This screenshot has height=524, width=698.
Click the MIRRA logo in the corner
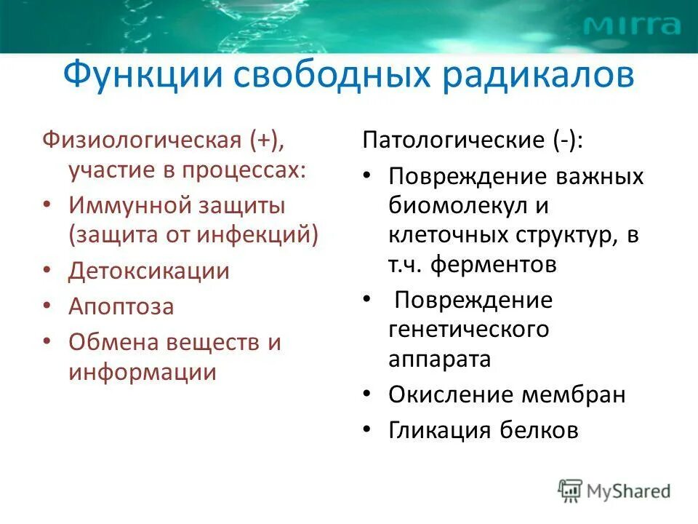coord(632,26)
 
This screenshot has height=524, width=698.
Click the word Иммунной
coord(127,205)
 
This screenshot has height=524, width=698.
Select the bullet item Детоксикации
coord(149,271)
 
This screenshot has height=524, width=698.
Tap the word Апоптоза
coord(121,306)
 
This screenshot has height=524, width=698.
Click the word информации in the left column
coord(143,372)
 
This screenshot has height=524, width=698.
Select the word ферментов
coord(494,265)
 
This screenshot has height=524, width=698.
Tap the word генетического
coord(468,329)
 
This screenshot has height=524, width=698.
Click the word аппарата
coord(440,359)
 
